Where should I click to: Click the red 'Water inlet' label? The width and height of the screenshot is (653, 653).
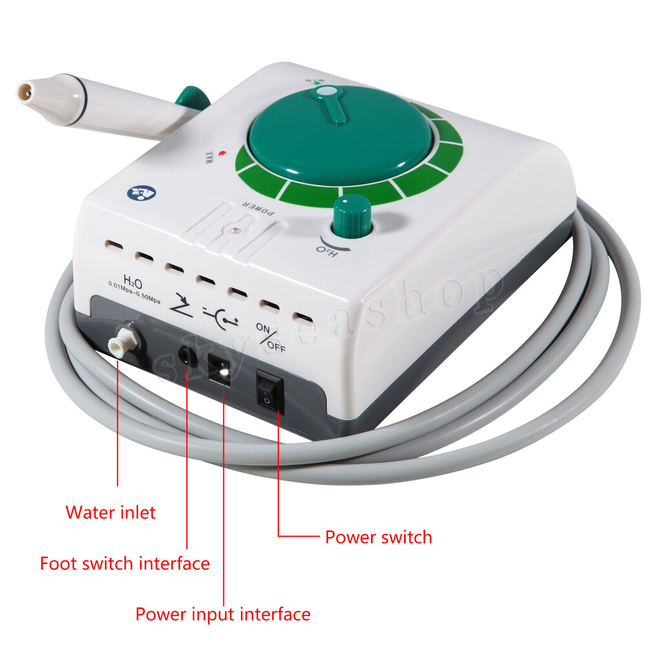point(110,513)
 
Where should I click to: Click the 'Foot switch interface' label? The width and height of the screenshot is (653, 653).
point(124,564)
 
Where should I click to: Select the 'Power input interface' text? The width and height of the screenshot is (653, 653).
point(223,614)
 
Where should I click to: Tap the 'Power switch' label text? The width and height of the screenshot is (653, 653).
point(378,537)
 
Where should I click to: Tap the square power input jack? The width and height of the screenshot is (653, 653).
point(219,369)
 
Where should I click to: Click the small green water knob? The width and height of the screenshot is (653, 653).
point(352,217)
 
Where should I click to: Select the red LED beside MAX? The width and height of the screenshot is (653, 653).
point(222,153)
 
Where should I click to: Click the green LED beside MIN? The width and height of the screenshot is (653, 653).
point(316,83)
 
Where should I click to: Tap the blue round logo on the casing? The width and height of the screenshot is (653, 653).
point(141,193)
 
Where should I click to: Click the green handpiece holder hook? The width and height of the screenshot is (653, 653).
point(192,99)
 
